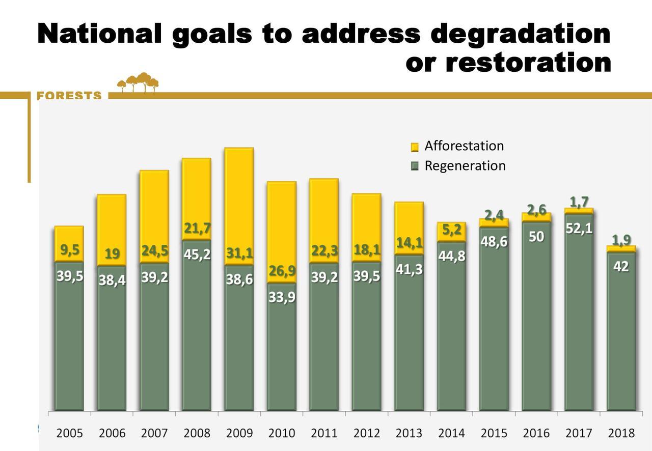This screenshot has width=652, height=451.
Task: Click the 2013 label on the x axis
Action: [x=409, y=433]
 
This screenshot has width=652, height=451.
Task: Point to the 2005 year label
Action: [x=69, y=433]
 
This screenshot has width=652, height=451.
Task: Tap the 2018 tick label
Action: [x=621, y=433]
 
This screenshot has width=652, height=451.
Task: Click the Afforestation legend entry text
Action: [x=464, y=146]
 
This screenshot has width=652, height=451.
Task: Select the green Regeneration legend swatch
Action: [x=415, y=166]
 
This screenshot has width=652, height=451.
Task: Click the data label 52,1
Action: [x=579, y=229]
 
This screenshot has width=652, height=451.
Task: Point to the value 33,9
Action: [x=281, y=297]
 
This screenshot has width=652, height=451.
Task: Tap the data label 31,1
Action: [x=239, y=253]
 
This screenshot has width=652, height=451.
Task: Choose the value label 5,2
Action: [x=451, y=230]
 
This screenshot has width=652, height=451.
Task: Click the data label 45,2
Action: [x=197, y=254]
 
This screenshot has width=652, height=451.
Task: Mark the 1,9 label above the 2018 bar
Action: [x=621, y=239]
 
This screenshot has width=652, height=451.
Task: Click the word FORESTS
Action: [x=69, y=96]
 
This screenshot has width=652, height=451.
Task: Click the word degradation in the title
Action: [x=520, y=34]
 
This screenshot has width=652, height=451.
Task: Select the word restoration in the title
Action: [x=528, y=63]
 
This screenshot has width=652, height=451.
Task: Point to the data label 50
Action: [x=536, y=237]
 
